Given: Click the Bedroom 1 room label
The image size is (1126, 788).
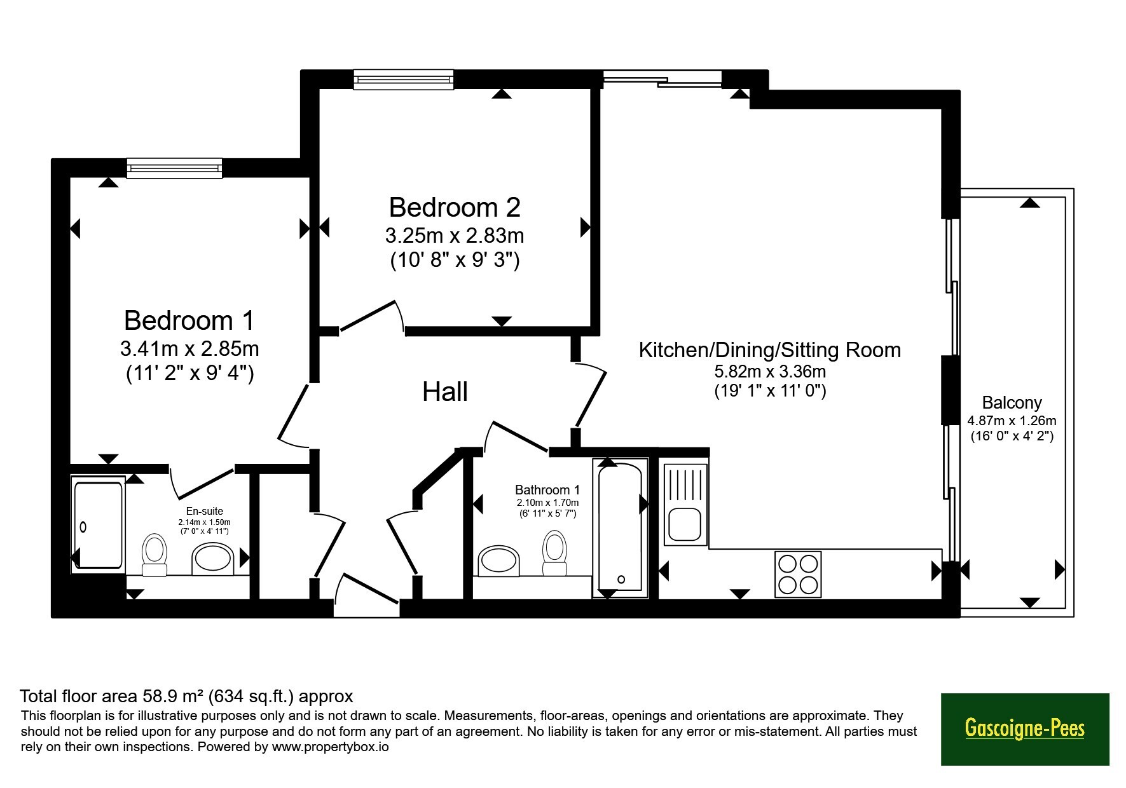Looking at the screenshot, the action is click(x=189, y=320).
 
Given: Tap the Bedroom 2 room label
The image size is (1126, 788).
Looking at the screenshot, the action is click(x=455, y=207).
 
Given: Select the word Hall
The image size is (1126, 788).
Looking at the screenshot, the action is click(x=445, y=392).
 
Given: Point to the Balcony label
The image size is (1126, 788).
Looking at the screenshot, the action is click(x=1012, y=403).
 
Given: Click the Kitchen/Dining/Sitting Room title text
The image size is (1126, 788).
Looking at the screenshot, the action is click(x=769, y=350).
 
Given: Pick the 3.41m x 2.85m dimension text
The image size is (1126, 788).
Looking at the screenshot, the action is click(x=189, y=349).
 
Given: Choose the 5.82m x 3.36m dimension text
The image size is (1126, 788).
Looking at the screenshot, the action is click(x=770, y=371).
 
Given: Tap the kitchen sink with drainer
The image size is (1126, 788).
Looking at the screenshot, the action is click(x=685, y=505).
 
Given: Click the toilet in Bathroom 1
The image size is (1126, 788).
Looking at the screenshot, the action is click(x=554, y=553).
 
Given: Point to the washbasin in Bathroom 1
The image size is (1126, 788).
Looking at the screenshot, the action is click(x=499, y=560).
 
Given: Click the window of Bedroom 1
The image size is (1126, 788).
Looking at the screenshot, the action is click(x=174, y=168).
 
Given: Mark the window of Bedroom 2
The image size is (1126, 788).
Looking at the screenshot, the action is click(x=404, y=79).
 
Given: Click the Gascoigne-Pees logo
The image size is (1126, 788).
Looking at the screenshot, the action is click(x=1025, y=729).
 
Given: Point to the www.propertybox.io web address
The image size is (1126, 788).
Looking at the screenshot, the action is click(x=331, y=747).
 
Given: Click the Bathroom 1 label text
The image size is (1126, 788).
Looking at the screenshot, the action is click(x=547, y=490).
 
